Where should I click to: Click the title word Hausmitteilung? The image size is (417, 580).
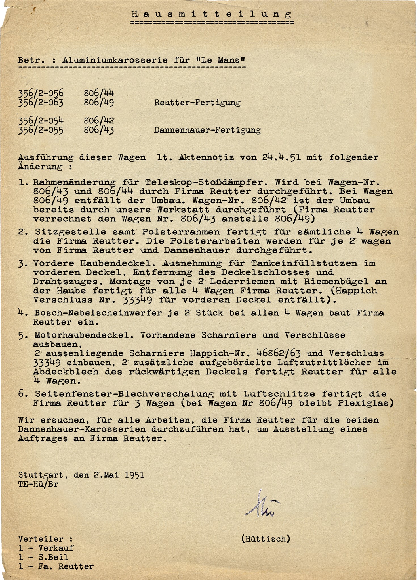click(x=212, y=14)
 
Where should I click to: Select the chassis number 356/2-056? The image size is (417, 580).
click(x=41, y=93)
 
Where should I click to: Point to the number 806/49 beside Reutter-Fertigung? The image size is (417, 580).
click(x=99, y=102)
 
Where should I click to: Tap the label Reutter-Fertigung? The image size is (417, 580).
click(x=197, y=103)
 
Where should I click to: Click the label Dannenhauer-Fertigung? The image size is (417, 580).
click(x=207, y=130)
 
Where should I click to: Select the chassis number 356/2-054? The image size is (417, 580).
click(x=41, y=121)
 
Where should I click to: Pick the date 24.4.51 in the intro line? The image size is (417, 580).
click(x=281, y=157)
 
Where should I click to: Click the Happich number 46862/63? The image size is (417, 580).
click(x=278, y=353)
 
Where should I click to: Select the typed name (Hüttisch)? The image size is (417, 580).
click(x=266, y=539)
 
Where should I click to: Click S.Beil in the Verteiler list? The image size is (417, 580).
click(x=53, y=557)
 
